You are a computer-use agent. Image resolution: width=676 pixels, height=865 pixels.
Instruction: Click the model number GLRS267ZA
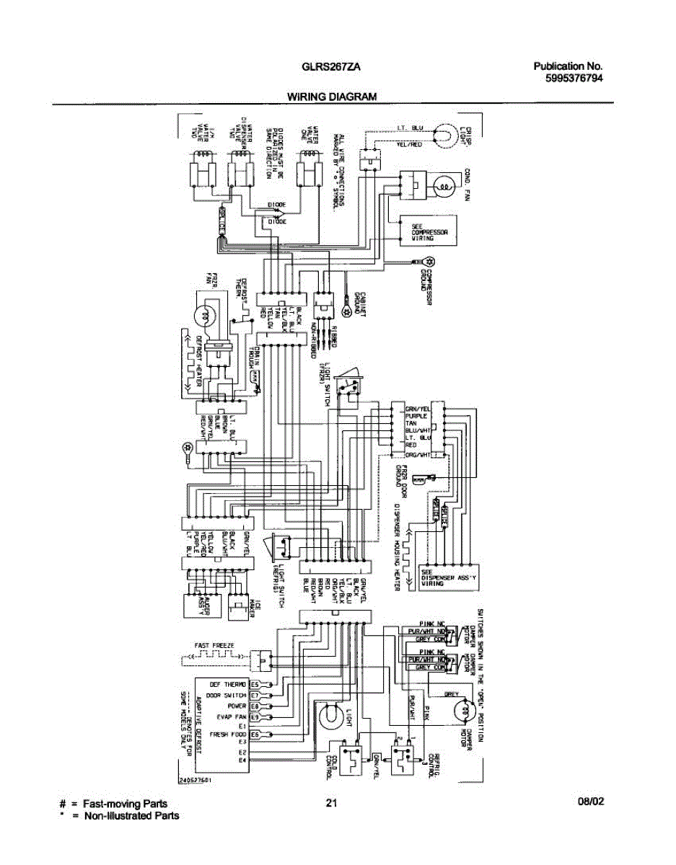tap(331, 67)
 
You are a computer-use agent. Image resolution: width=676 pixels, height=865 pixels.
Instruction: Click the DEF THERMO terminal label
tap(228, 684)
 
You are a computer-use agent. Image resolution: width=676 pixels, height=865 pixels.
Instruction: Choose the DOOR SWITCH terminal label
tap(227, 695)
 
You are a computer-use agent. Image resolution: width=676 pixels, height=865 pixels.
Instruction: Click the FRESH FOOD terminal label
tap(228, 734)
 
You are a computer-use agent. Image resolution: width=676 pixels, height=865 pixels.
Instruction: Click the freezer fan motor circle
tap(206, 314)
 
